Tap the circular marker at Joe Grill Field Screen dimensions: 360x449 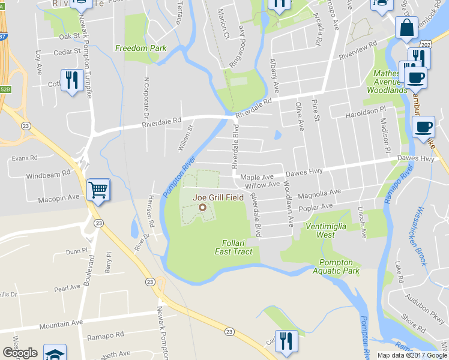click(202, 208)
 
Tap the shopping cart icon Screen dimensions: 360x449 click(98, 190)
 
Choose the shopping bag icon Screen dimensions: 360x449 click(406, 28)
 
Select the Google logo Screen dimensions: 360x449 click(20, 353)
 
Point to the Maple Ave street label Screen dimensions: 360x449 click(257, 177)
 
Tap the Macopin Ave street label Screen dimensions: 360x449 click(59, 197)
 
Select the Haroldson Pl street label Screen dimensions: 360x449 click(365, 112)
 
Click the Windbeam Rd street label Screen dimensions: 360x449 click(47, 176)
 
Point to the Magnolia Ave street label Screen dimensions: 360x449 click(319, 194)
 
